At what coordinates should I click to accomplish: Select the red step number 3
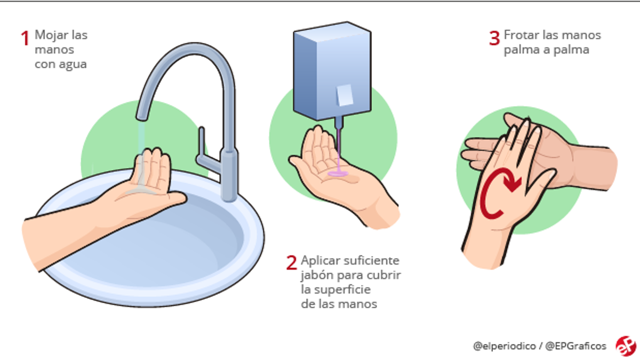pyautogui.click(x=494, y=38)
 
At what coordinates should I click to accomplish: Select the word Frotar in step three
pyautogui.click(x=519, y=35)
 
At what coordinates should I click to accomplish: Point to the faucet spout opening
pyautogui.click(x=142, y=115)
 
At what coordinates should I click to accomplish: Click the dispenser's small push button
pyautogui.click(x=343, y=95)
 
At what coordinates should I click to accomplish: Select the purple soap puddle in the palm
pyautogui.click(x=338, y=174)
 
